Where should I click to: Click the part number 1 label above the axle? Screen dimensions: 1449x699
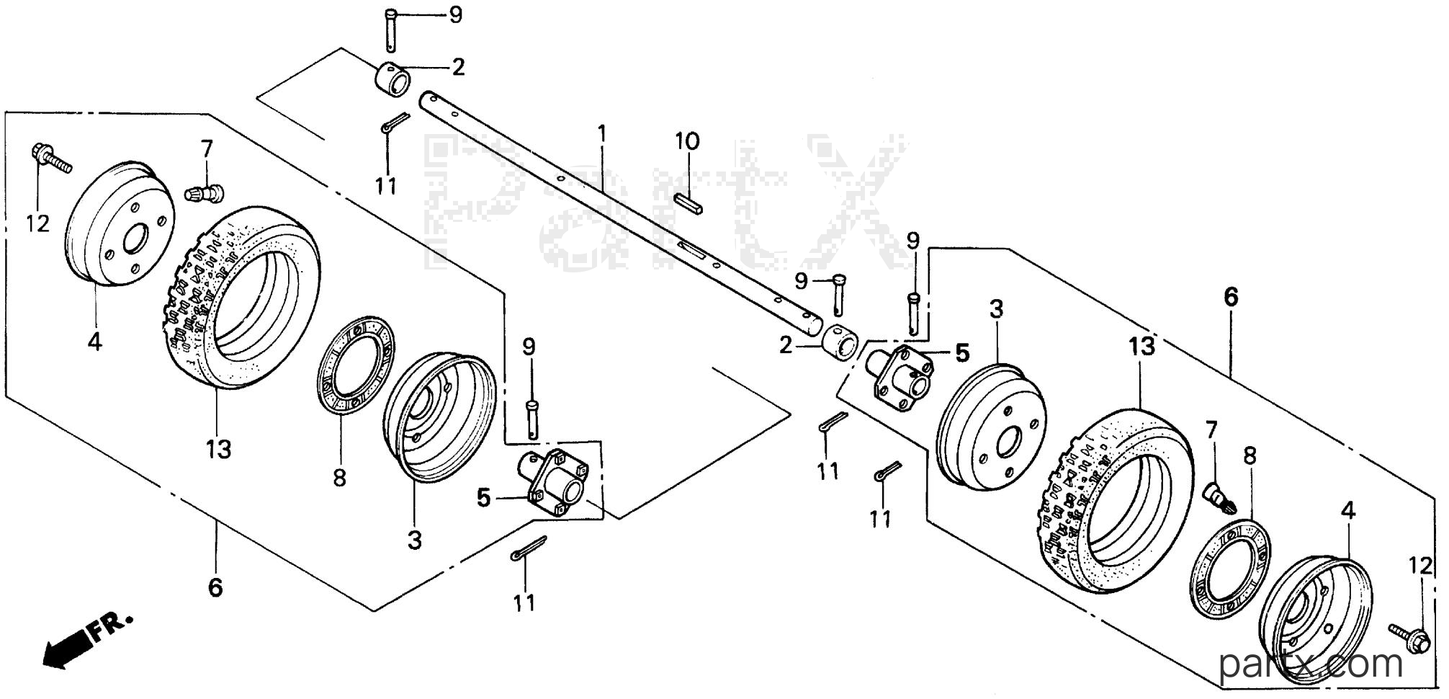click(x=602, y=134)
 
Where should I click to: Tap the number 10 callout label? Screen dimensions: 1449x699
click(x=687, y=142)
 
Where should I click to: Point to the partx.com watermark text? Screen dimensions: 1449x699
click(x=1312, y=664)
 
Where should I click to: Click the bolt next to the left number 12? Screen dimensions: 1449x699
click(x=51, y=159)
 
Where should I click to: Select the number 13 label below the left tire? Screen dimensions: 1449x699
click(x=218, y=450)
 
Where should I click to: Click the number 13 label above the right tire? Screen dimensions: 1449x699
click(x=1142, y=347)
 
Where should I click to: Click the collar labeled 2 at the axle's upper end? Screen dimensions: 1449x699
click(x=392, y=79)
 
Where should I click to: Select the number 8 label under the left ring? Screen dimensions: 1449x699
click(x=339, y=477)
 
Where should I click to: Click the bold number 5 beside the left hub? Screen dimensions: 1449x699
click(x=483, y=498)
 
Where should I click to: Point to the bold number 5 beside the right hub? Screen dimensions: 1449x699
click(x=962, y=353)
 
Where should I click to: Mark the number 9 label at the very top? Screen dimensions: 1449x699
click(x=456, y=14)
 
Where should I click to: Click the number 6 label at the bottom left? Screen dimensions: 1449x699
click(x=215, y=588)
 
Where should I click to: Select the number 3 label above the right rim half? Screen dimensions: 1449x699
click(x=995, y=310)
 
